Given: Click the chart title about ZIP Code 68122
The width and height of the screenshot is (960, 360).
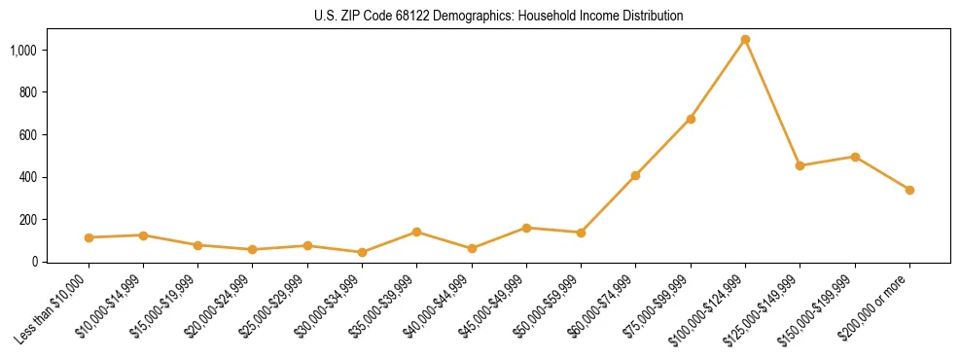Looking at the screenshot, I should coord(498,17).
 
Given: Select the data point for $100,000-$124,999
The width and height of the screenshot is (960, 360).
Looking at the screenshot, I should coord(745,40).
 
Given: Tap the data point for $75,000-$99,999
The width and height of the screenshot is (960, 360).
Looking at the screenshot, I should coord(691,119).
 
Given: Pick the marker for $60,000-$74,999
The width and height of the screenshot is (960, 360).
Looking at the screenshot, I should coord(636,176).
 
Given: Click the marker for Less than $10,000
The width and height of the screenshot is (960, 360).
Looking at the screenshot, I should coord(89,237).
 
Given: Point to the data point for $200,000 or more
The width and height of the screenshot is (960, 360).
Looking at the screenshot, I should coord(909,190).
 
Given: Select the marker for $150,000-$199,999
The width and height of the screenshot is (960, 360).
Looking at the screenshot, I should coord(855,157).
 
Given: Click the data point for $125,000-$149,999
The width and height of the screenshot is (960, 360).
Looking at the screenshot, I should coord(800,166).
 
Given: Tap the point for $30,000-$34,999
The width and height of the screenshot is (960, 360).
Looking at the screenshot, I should coord(362,252).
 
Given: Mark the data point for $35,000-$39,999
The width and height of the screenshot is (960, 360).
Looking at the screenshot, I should coord(416,232).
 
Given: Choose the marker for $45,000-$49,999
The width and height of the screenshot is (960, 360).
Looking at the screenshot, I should coord(526,228).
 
